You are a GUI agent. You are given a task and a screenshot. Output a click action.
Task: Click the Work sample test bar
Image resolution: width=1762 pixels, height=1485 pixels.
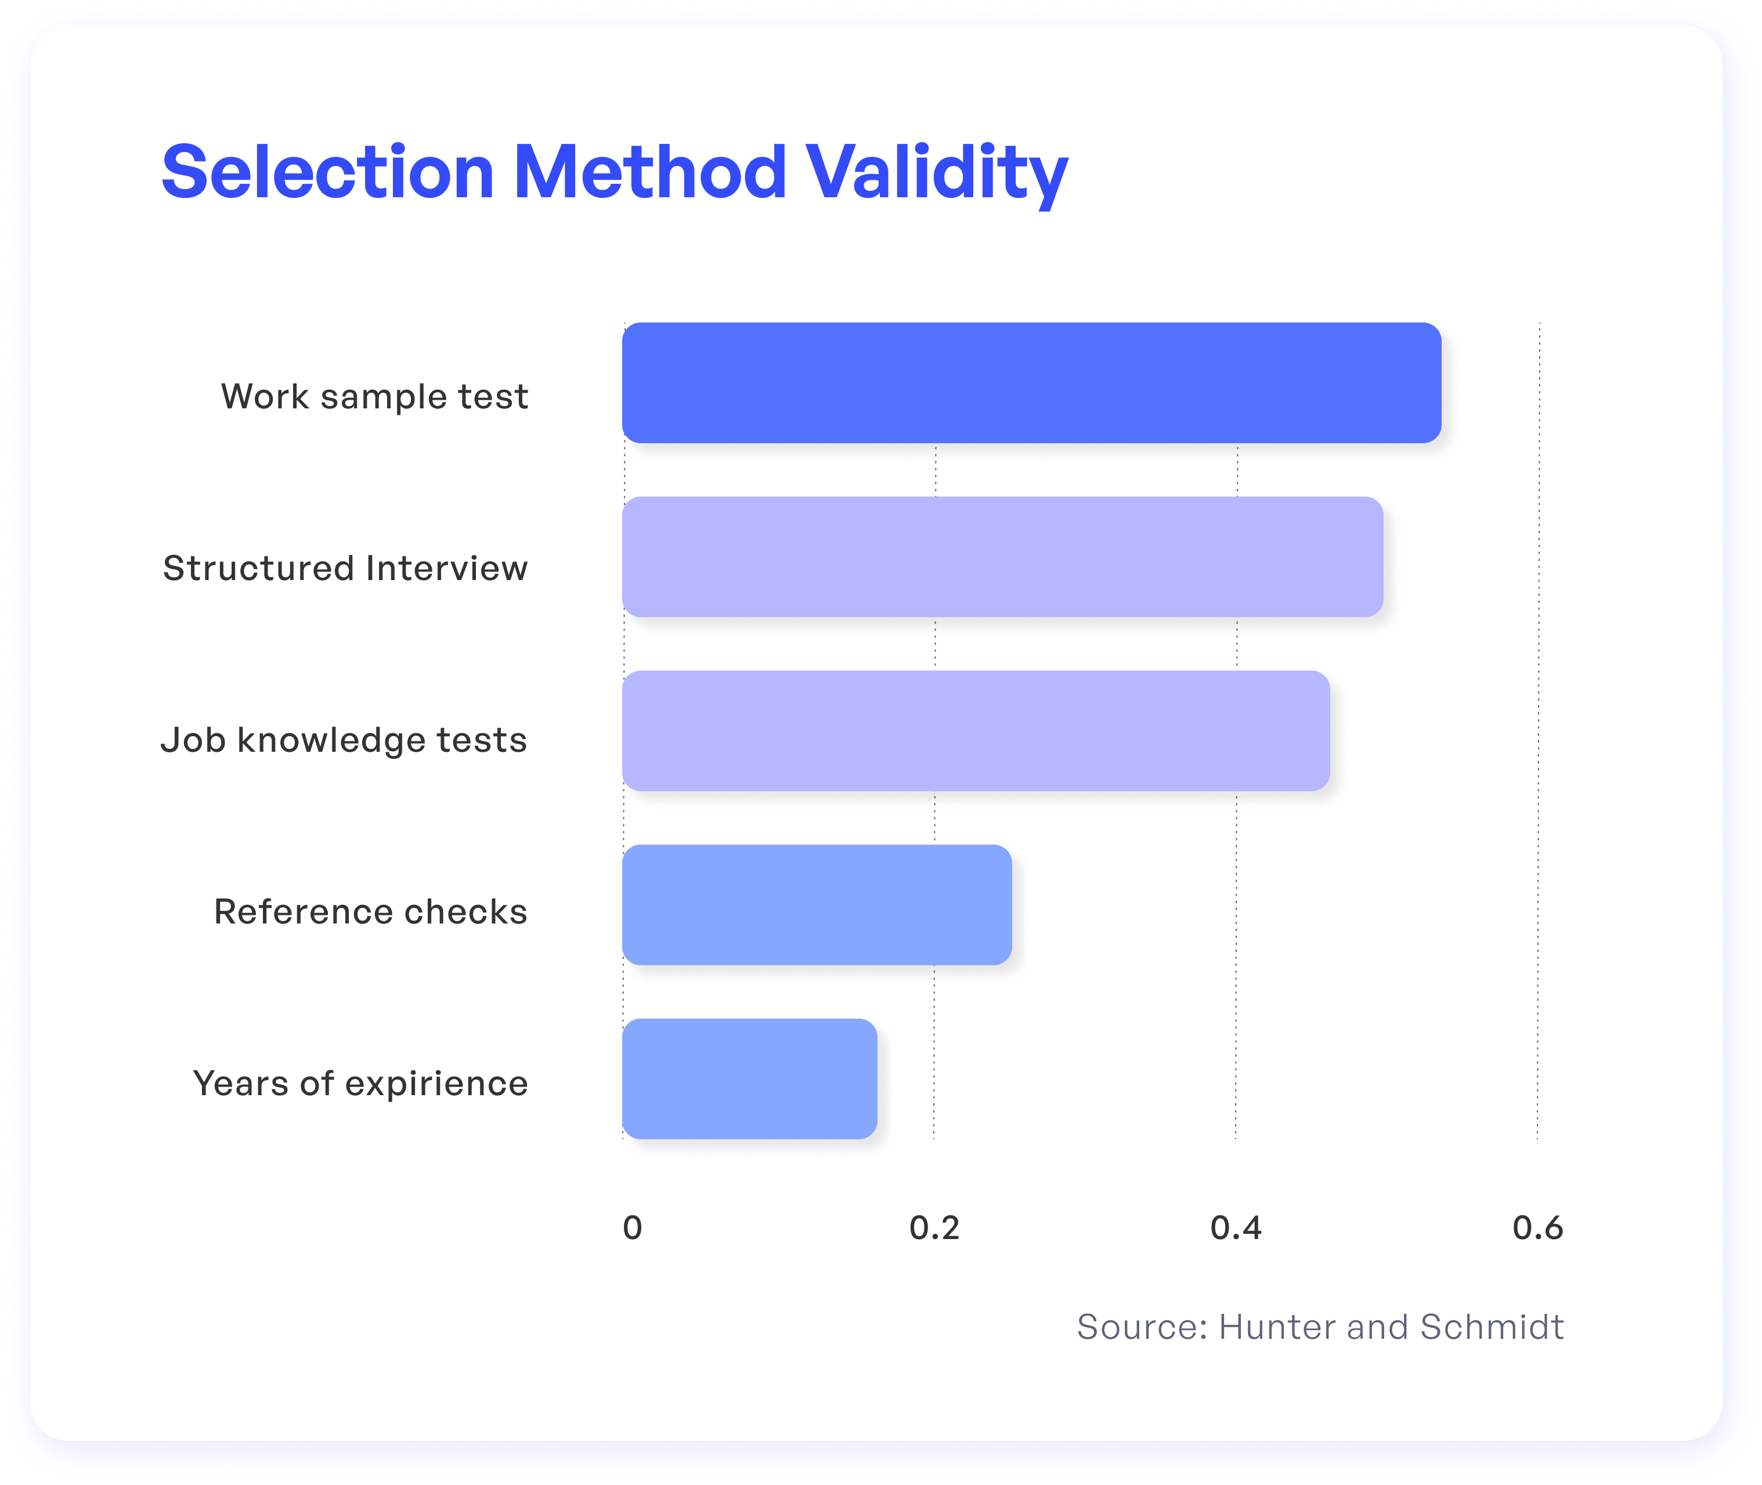tap(1032, 383)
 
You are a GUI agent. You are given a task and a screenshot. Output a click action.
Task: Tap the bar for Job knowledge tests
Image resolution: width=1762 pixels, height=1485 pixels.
tap(976, 731)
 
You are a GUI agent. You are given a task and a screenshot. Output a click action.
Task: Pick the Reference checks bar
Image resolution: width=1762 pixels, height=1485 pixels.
tap(817, 905)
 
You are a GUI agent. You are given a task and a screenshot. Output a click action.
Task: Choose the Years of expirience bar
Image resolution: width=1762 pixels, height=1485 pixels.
tap(750, 1079)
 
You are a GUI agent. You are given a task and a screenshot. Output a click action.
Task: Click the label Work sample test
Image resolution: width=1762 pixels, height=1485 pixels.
tap(375, 397)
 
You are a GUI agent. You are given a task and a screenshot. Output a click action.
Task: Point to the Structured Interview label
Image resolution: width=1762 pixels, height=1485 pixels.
tap(345, 568)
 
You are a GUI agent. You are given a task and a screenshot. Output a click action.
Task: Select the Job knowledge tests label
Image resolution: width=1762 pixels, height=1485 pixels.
tap(344, 741)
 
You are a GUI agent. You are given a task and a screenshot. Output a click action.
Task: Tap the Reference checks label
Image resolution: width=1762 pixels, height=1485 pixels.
tap(371, 912)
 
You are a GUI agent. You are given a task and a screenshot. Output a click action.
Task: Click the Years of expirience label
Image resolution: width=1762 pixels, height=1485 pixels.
tap(360, 1084)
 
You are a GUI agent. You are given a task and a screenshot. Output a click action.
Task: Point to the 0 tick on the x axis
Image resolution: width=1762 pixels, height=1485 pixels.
tap(633, 1228)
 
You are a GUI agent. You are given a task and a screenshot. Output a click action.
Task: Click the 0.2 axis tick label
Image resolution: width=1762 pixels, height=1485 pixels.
tap(934, 1228)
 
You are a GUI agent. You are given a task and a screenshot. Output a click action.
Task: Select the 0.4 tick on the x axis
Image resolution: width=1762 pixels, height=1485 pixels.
tap(1236, 1228)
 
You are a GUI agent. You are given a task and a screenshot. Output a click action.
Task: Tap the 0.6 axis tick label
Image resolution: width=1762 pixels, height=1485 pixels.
tap(1538, 1228)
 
